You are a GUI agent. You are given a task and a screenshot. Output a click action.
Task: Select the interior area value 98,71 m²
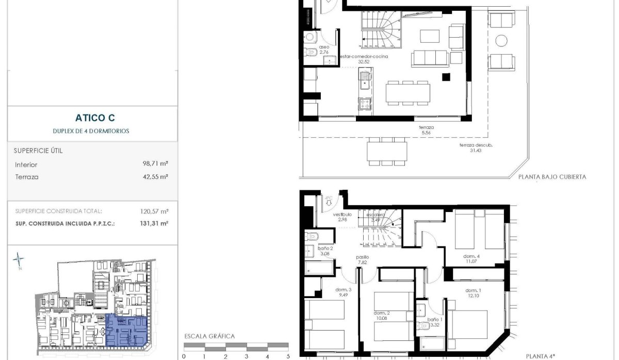tap(156, 164)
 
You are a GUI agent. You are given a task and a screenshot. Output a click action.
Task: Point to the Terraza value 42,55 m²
tap(156, 177)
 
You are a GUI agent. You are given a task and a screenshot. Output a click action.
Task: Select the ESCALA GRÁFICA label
tap(209, 336)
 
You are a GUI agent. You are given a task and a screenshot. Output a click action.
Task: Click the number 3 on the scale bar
tap(247, 356)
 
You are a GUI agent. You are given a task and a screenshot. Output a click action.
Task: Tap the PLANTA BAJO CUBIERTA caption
tap(552, 176)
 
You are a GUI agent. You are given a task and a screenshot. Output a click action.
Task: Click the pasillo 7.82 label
tap(363, 259)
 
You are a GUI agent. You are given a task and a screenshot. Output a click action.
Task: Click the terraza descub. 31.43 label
tap(476, 148)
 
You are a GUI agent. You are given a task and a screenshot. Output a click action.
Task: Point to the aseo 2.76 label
tap(324, 50)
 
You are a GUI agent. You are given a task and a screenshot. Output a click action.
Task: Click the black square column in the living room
tap(445, 77)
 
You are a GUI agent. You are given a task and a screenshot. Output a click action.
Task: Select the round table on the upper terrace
tap(501, 40)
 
